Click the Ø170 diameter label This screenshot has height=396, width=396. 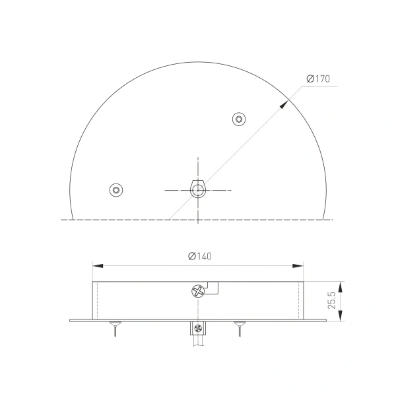(318, 79)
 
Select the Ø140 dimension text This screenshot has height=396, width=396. (199, 256)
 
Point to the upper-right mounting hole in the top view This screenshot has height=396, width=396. (239, 119)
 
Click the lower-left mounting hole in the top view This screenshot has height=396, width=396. (116, 190)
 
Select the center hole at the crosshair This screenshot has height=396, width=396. (197, 190)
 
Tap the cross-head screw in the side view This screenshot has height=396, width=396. (196, 290)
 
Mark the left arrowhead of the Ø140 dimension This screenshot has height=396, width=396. (96, 266)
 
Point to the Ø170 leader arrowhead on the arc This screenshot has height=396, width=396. (286, 102)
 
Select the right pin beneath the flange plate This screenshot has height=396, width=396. (238, 328)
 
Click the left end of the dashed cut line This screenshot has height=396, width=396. (63, 218)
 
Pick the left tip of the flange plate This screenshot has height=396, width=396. (71, 321)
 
